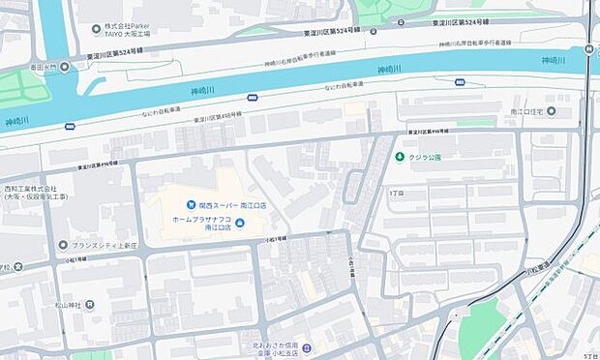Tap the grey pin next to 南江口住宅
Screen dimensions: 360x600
(551, 112)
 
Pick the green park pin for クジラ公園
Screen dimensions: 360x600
(399, 157)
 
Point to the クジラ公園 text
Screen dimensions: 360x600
(424, 157)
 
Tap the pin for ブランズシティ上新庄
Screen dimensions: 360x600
(63, 245)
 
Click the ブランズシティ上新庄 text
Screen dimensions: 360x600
(107, 245)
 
